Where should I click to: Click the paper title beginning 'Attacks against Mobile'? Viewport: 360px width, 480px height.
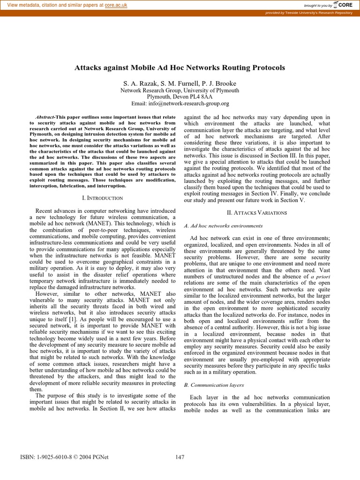(x=180, y=67)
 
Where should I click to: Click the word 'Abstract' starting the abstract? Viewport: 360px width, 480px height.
(x=46, y=117)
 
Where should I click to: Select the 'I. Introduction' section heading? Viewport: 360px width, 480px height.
(x=103, y=198)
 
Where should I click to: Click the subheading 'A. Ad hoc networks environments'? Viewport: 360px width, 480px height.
(x=217, y=226)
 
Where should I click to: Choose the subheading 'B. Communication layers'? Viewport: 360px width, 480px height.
(x=214, y=385)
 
